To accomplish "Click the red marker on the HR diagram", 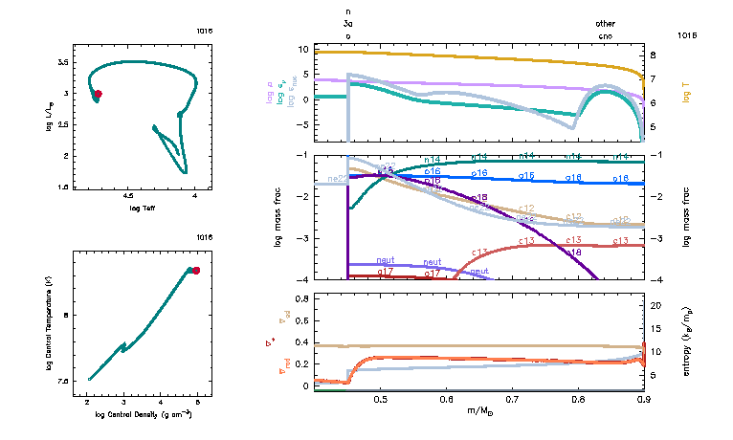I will tap(98, 94).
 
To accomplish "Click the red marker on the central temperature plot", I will tap(196, 271).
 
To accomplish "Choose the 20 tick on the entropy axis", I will tap(656, 305).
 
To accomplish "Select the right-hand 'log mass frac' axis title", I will tap(687, 216).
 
